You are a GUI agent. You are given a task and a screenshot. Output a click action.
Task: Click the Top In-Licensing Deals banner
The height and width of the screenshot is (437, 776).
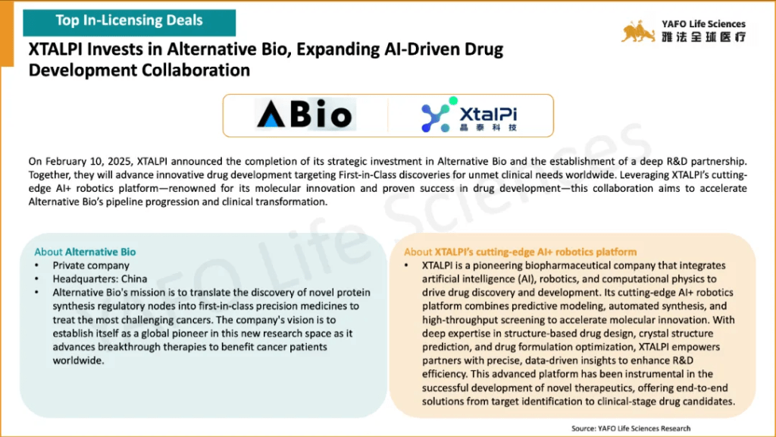129,22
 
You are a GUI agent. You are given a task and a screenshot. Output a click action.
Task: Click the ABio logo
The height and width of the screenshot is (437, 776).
305,115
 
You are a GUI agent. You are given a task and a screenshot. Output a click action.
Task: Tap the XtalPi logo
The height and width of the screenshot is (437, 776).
468,115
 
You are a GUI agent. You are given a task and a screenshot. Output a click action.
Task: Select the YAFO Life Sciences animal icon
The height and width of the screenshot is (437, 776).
638,31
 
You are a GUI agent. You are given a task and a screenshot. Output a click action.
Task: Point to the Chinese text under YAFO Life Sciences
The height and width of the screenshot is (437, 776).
704,36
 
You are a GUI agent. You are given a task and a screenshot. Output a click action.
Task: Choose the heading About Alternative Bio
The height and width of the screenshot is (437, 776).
85,252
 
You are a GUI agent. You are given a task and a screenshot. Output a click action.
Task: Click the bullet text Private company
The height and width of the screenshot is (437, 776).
91,266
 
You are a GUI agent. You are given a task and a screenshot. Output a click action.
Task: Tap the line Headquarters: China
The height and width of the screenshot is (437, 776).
100,279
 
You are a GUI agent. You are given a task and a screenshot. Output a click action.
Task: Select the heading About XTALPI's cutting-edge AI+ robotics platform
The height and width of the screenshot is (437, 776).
520,252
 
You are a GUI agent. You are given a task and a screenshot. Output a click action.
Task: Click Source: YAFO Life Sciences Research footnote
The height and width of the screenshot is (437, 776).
631,429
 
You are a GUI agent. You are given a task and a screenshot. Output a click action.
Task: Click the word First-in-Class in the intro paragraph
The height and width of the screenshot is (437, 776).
368,174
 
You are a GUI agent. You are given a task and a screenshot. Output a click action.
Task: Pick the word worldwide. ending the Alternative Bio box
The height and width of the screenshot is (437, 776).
79,360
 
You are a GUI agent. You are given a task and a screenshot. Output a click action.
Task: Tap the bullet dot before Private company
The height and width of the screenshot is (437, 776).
36,266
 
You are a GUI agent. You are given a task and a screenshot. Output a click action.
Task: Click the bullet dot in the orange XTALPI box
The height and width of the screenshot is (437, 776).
406,266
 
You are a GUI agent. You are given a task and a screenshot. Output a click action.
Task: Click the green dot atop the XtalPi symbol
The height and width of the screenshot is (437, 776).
453,101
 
